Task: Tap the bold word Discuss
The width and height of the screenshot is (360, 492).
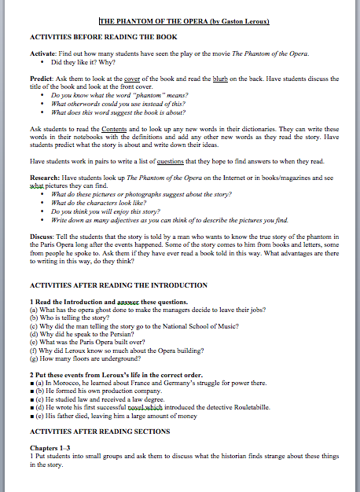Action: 42,236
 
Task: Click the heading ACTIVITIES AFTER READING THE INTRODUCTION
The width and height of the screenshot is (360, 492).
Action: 118,285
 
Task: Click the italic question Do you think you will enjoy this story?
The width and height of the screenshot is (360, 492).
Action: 105,212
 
